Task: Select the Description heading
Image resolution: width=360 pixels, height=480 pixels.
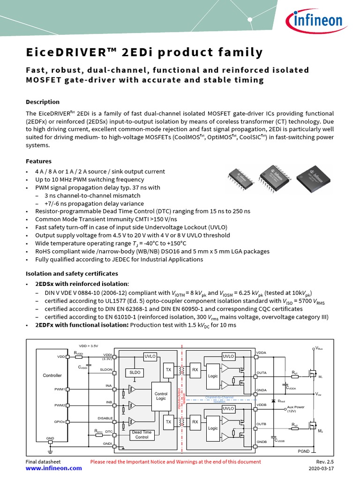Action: [x=42, y=102]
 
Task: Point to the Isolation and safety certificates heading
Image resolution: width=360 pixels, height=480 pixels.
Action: [x=71, y=273]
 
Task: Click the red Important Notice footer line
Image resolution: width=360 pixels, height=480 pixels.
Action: [x=175, y=462]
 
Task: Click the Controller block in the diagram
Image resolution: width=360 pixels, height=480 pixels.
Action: [x=52, y=375]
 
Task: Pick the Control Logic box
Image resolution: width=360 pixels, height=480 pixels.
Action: [x=161, y=396]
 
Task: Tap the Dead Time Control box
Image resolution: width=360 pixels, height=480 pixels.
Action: [x=142, y=435]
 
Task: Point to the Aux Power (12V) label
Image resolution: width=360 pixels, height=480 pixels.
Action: [x=296, y=409]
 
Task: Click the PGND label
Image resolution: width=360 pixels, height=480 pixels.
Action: [x=304, y=451]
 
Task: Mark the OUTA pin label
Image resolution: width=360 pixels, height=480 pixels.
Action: [x=262, y=373]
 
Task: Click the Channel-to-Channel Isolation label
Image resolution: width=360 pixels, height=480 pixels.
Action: [x=219, y=399]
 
